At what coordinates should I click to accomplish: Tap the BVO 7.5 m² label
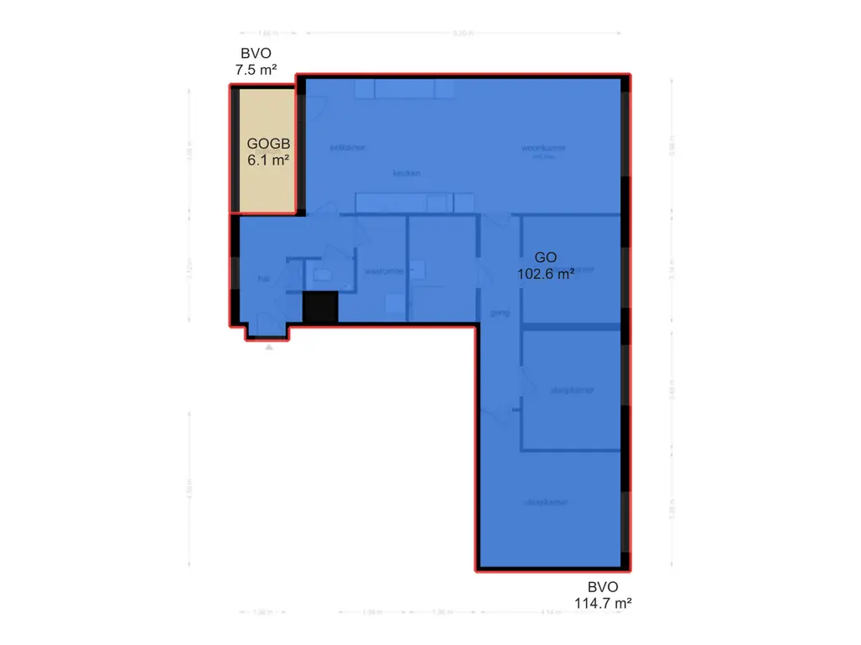coord(257,62)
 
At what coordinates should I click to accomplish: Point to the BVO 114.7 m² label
coord(604,595)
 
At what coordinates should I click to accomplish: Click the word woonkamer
coord(543,148)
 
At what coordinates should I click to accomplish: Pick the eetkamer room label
coord(347,147)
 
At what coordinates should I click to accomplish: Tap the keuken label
coord(406,173)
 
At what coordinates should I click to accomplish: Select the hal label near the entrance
coord(263,278)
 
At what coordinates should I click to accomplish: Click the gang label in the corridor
coord(499,312)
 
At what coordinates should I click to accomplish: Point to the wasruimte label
coord(383,271)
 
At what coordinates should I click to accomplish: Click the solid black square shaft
coord(320,307)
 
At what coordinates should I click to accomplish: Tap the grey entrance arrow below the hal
coord(268,347)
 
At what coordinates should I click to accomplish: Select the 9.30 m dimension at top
coord(460,34)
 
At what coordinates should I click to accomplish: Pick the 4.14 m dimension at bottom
coord(551,612)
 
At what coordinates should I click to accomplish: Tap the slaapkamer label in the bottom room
coord(546,502)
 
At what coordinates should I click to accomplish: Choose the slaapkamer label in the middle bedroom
coord(572,390)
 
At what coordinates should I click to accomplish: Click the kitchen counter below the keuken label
coord(404,203)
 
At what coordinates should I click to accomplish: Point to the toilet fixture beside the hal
coord(322,271)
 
